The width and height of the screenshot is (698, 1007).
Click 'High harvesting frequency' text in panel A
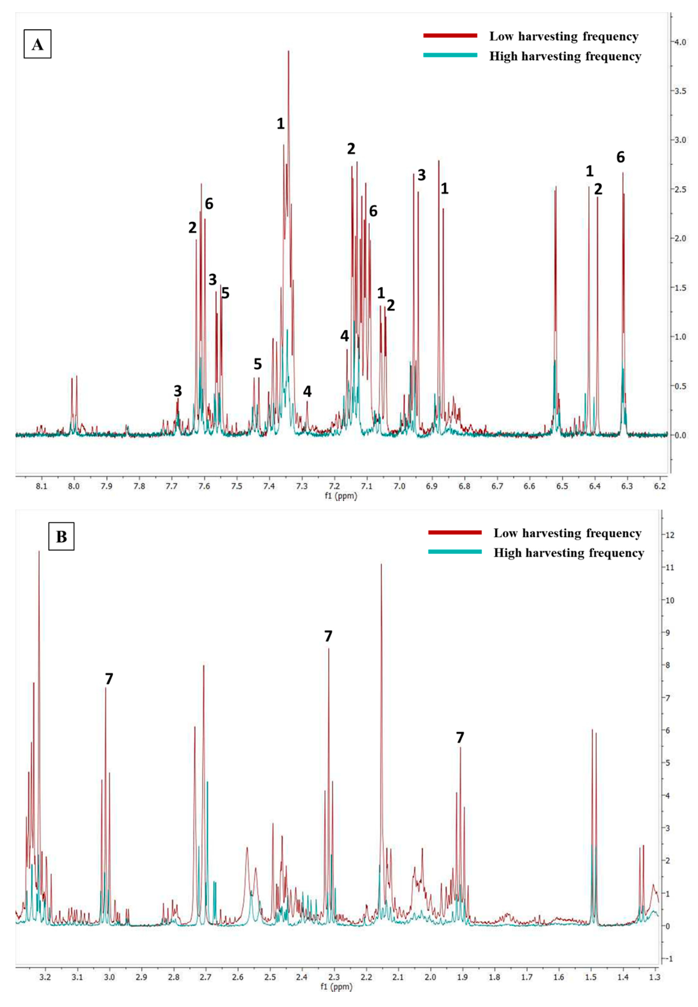565,56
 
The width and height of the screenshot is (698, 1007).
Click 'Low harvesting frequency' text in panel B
567,533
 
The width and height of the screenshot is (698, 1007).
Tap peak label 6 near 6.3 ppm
621,157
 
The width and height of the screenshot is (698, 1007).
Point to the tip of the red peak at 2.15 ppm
381,565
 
